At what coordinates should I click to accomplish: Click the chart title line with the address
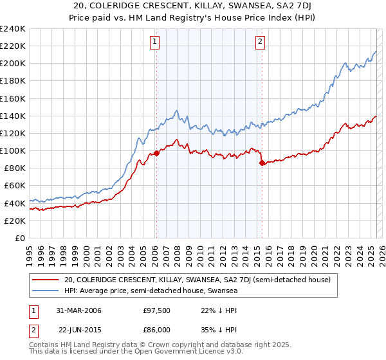click(193, 6)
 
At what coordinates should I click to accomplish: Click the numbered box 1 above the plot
click(156, 42)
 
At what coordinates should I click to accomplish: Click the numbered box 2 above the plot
click(261, 42)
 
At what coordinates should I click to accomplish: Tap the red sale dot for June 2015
click(262, 163)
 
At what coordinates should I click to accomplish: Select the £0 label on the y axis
click(19, 238)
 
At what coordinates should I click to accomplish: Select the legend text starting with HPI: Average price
click(151, 291)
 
